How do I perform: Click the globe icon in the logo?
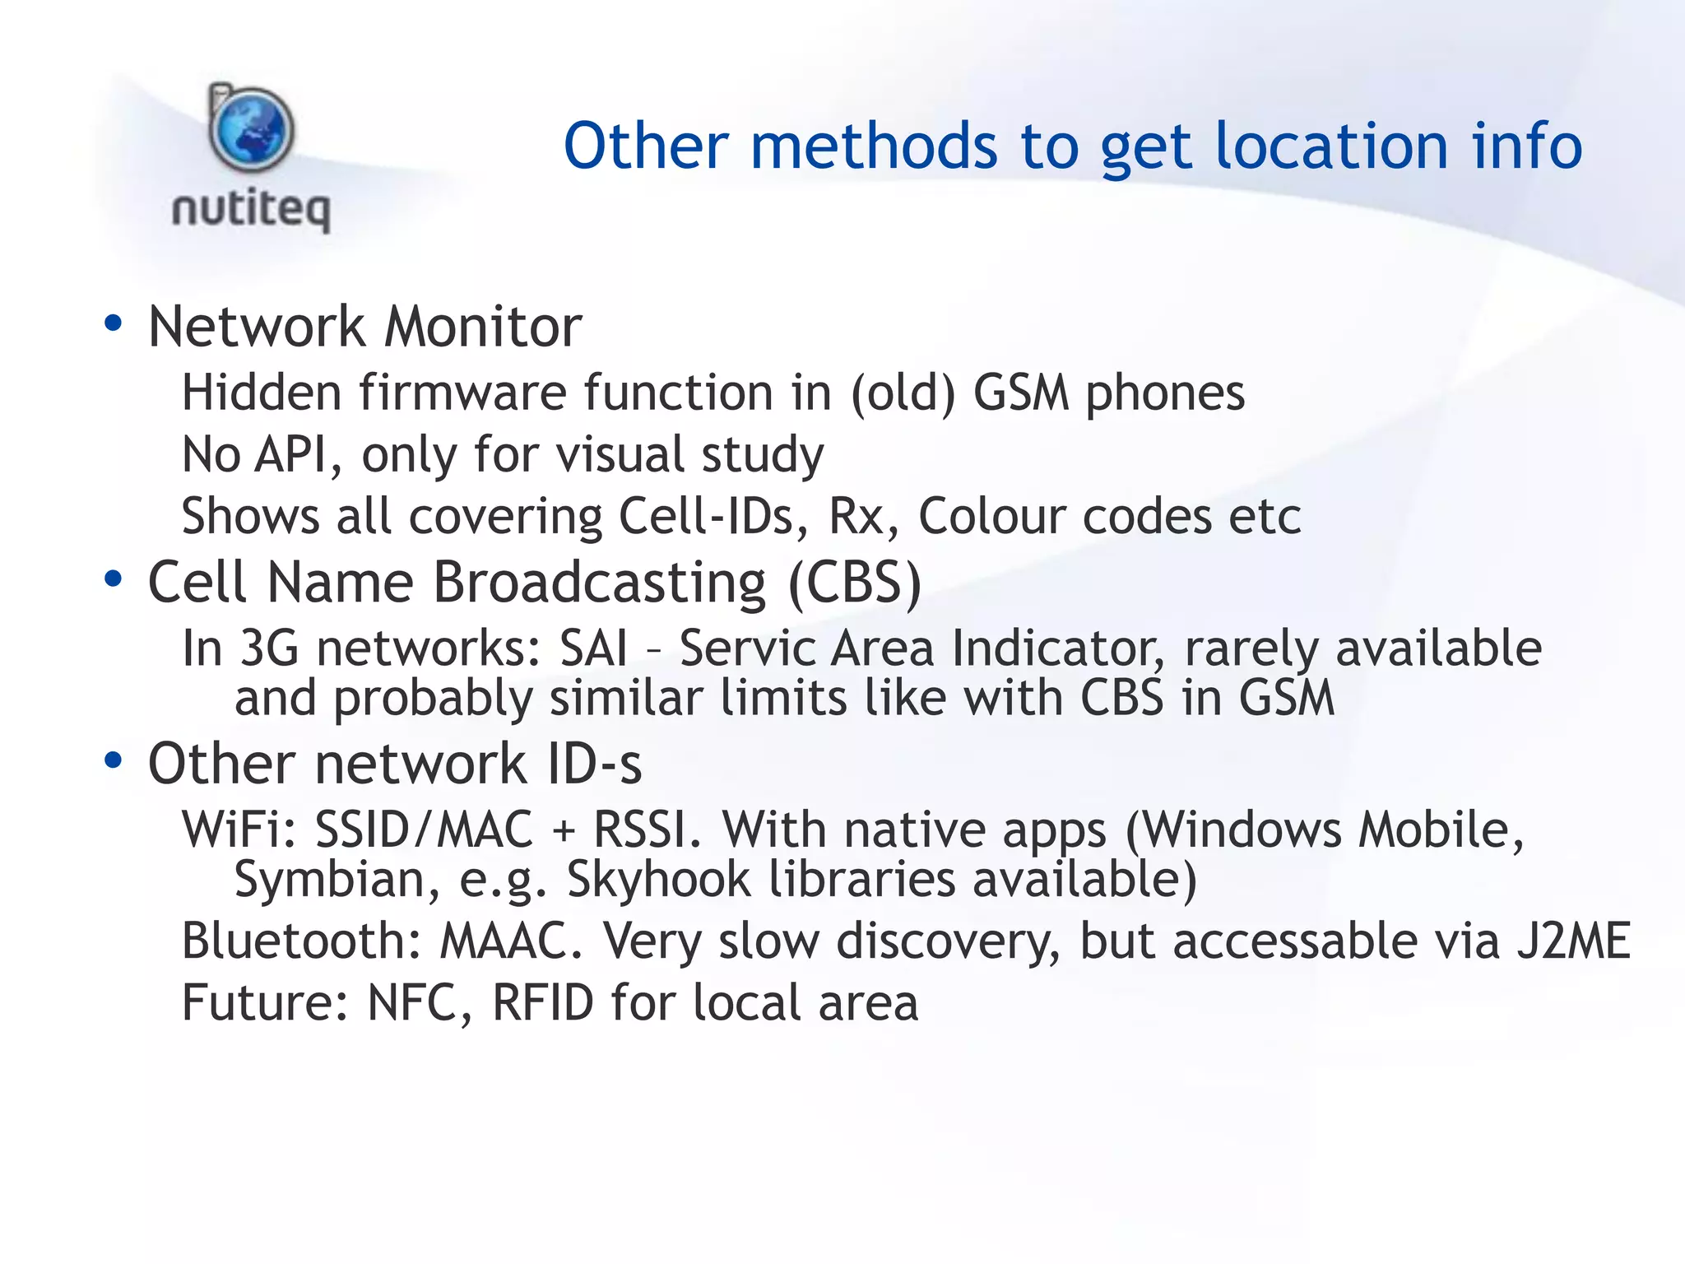[x=251, y=130]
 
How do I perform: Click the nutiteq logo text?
[x=251, y=209]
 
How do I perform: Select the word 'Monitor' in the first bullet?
[x=483, y=327]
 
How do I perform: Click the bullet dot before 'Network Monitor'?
[x=114, y=323]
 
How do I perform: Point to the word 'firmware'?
[x=462, y=393]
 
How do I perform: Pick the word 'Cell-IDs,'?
[x=714, y=517]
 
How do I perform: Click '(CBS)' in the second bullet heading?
[x=855, y=583]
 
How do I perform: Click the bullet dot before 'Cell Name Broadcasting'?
[x=114, y=579]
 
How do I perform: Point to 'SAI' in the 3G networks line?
[x=592, y=648]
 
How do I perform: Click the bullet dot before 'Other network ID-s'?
[x=114, y=760]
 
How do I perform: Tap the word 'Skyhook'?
[x=658, y=879]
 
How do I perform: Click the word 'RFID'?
[x=542, y=1003]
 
